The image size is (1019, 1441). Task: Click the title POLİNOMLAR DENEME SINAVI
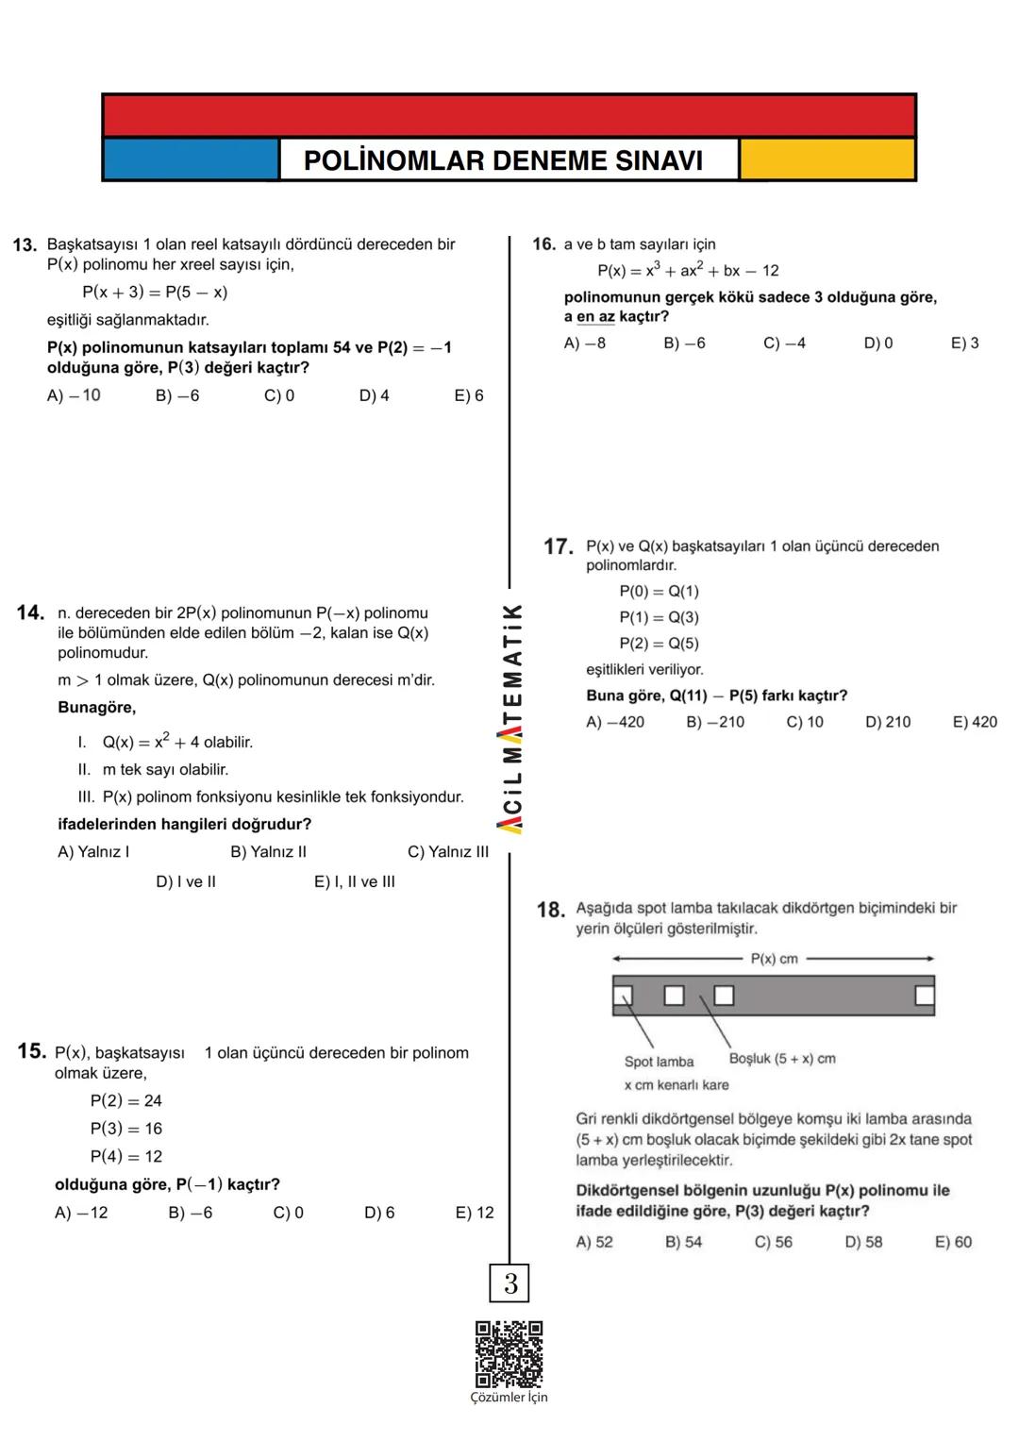coord(503,160)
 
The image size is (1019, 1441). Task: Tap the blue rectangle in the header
coord(191,159)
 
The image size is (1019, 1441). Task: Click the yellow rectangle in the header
coord(827,159)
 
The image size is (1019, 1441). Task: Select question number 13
coord(25,245)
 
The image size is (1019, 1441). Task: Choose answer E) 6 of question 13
coord(469,395)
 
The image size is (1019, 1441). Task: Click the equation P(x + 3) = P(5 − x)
coord(155,293)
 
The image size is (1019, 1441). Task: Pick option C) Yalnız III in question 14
coord(448,852)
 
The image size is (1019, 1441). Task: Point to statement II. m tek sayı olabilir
coord(153,770)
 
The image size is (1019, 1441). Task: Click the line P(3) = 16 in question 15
coord(126,1129)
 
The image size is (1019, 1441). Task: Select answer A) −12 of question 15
coord(81,1213)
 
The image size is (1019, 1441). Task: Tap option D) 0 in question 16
coord(877,343)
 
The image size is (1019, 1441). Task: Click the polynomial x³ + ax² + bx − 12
coord(688,271)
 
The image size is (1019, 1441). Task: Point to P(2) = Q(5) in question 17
coord(659,644)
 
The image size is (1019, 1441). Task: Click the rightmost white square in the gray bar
coord(925,996)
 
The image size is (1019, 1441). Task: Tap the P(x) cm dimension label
coord(774,959)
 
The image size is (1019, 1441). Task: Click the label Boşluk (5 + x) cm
coord(782,1059)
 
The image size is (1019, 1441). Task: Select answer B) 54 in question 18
coord(683,1242)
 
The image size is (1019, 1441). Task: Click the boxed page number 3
coord(510,1283)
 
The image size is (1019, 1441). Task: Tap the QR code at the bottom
coord(509,1354)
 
